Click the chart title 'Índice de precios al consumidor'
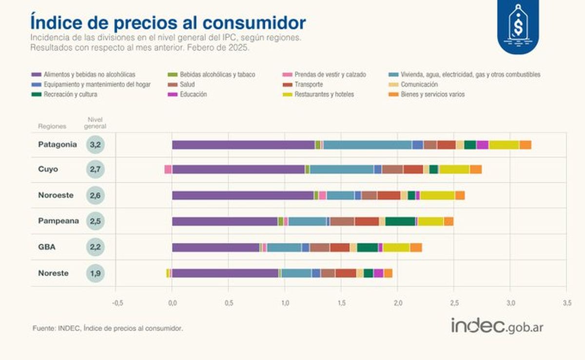pos(168,22)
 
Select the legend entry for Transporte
pos(306,85)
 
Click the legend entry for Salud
pos(184,85)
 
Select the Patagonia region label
pos(58,145)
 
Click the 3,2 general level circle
pos(96,145)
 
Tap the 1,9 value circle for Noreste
pos(96,273)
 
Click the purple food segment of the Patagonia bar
pos(243,145)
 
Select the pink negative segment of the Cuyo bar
pos(168,170)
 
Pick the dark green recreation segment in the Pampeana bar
pos(400,222)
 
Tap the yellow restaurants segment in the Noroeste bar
pos(437,195)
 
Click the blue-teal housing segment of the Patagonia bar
pos(368,145)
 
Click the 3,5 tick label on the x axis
pos(566,303)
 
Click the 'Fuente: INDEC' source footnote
pos(108,328)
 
